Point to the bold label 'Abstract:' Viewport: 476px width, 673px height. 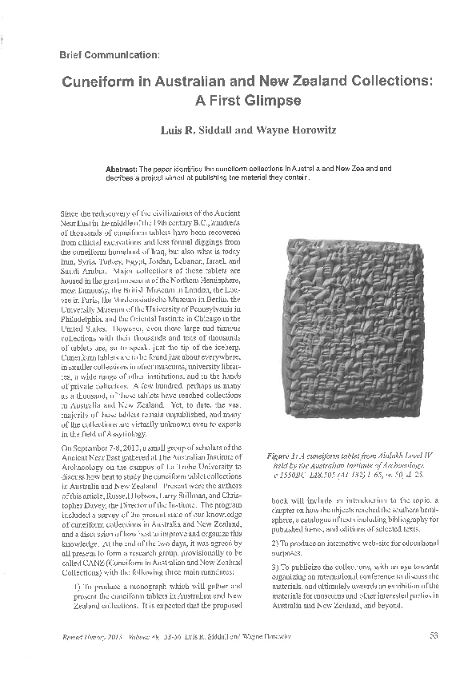(122, 169)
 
